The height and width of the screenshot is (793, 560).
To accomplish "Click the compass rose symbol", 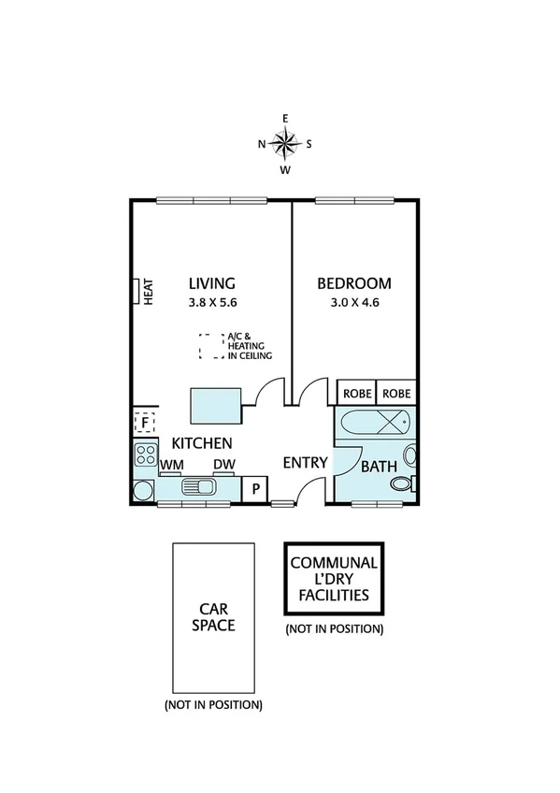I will [286, 143].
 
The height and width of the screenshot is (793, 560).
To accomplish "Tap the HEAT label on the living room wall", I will [147, 291].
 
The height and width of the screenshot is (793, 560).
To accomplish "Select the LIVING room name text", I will [211, 283].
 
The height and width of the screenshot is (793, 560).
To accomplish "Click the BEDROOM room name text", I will [353, 283].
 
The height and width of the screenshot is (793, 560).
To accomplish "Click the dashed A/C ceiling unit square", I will [209, 347].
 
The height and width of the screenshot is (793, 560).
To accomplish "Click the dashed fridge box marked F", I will [144, 422].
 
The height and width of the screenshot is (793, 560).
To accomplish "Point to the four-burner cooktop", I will [146, 455].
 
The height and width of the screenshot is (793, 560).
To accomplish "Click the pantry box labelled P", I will [254, 487].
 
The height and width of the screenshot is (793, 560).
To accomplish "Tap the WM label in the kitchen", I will [171, 465].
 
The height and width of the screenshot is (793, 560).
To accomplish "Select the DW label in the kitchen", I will [223, 465].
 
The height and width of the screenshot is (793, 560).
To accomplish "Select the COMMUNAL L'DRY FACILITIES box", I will [334, 579].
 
